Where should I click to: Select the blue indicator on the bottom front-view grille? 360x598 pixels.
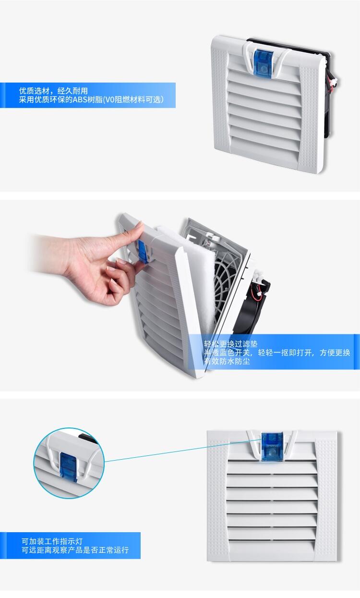[272, 447]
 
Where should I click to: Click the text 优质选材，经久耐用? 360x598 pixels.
[53, 91]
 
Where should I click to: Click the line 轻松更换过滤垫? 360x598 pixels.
[230, 344]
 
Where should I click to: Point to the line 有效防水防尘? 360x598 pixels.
[227, 361]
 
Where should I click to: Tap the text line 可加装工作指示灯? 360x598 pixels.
[52, 541]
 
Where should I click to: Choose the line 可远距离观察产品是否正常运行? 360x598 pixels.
[75, 550]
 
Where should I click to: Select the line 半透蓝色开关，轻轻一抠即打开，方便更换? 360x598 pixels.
[277, 353]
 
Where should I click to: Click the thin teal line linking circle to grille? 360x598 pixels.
[183, 450]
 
